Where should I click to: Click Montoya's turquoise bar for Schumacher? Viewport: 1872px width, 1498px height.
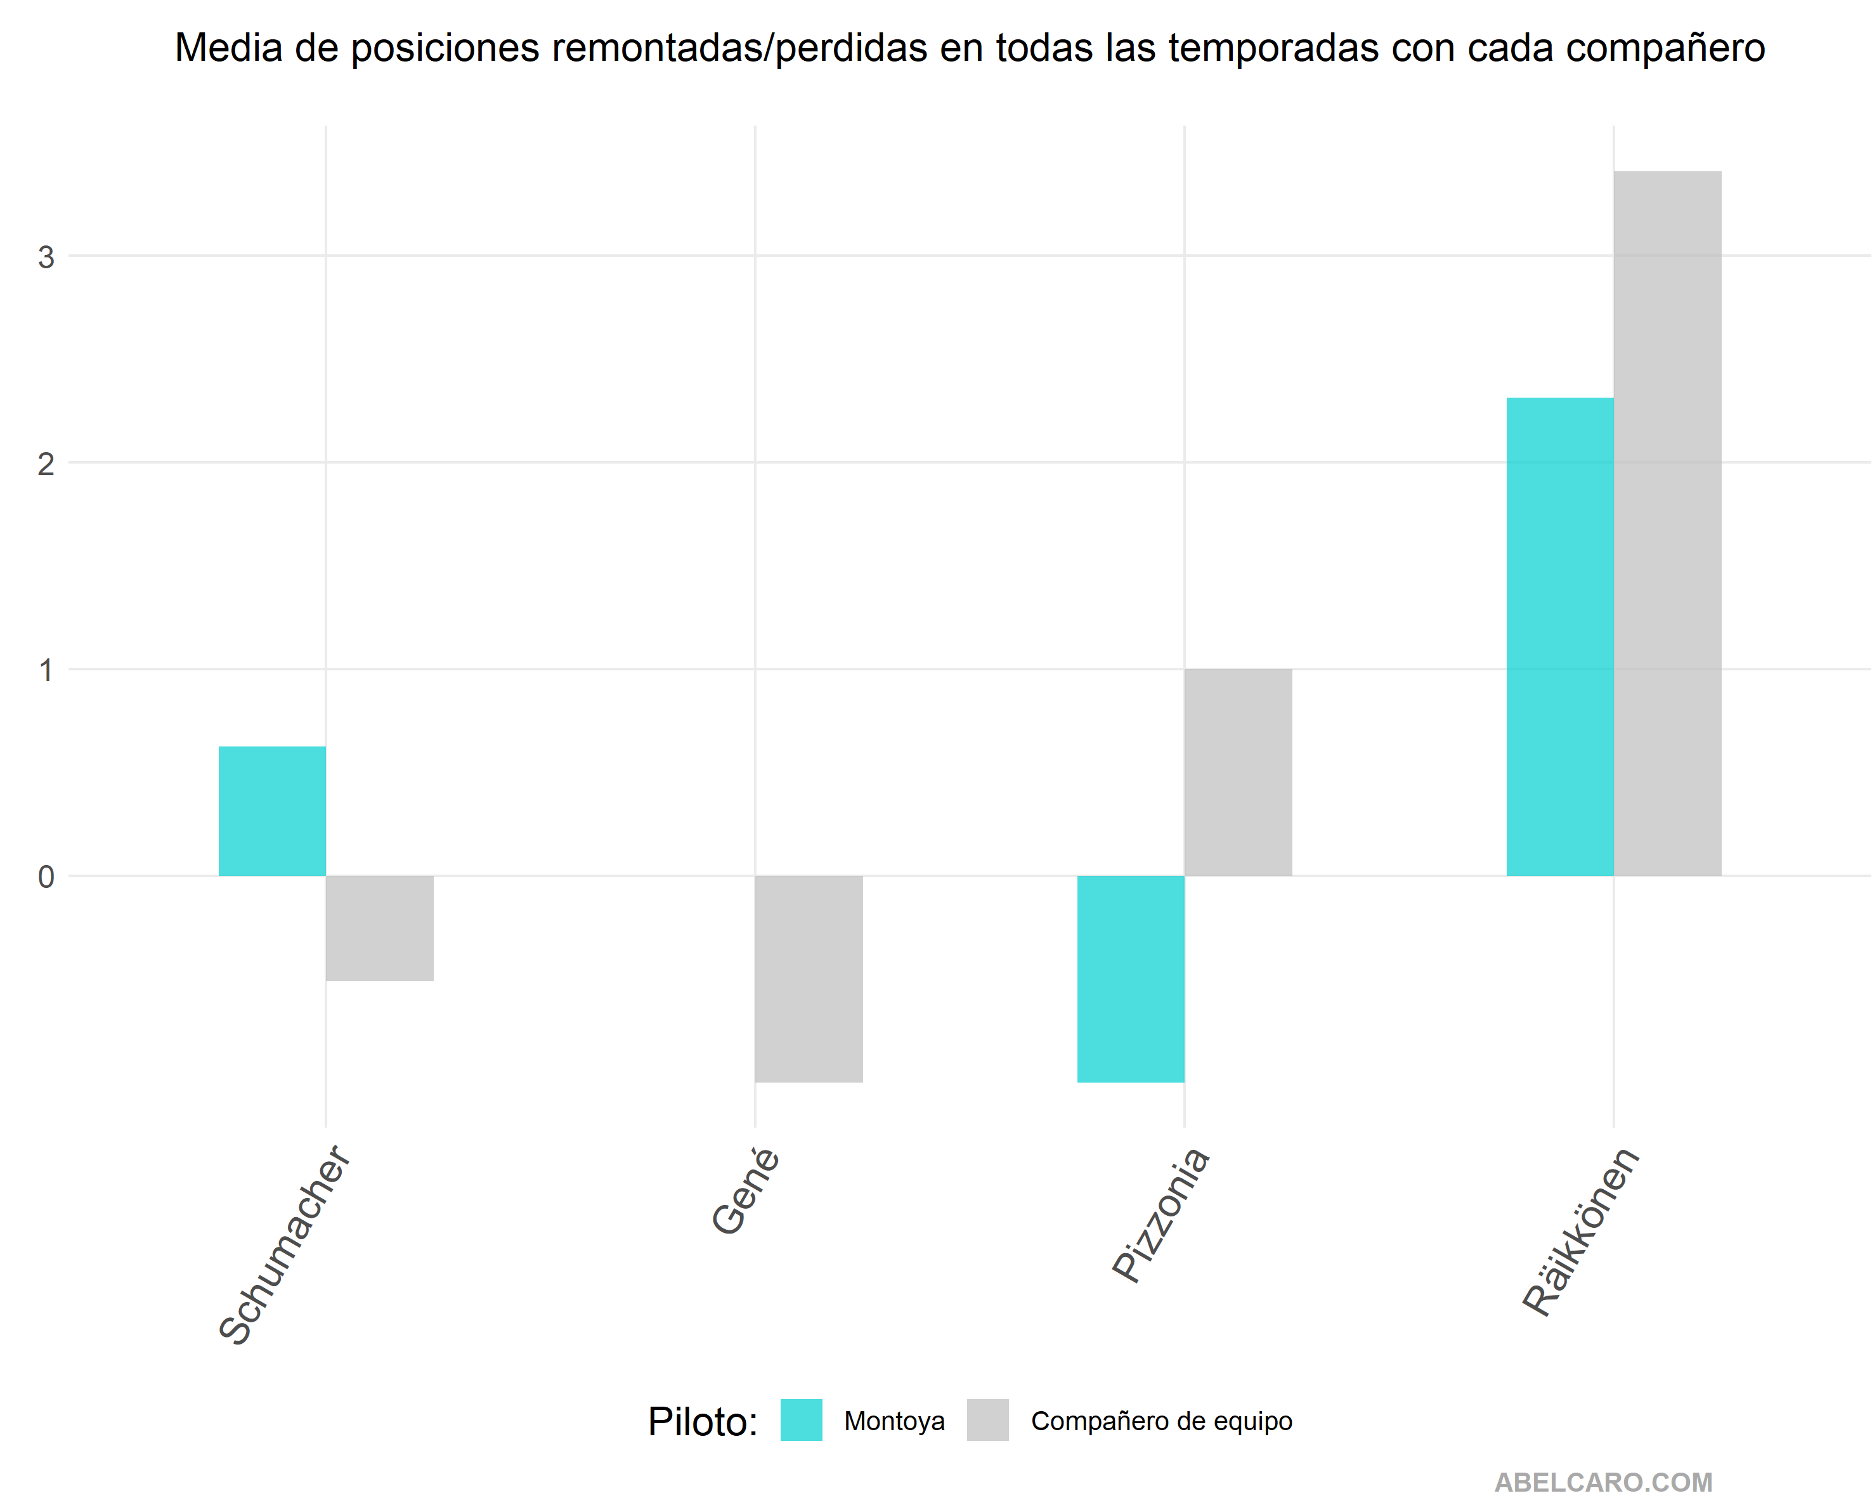click(x=272, y=811)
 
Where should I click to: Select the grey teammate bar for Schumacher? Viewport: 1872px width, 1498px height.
click(x=379, y=928)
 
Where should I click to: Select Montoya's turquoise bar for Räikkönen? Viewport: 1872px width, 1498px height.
click(x=1560, y=637)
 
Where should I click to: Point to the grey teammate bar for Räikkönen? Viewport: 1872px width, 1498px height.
click(x=1668, y=524)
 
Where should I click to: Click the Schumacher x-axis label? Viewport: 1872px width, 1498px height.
click(x=285, y=1246)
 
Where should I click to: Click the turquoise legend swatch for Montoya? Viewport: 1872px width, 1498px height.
click(x=802, y=1420)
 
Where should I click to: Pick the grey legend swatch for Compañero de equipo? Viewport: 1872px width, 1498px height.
click(x=988, y=1420)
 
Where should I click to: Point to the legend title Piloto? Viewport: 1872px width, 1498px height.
click(x=703, y=1422)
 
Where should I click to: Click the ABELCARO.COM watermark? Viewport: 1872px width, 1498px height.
click(x=1604, y=1482)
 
